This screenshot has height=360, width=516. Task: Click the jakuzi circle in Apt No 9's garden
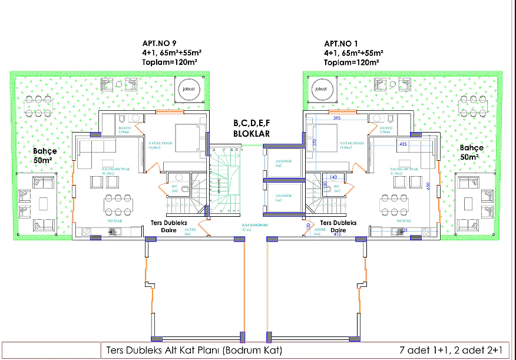pyautogui.click(x=187, y=87)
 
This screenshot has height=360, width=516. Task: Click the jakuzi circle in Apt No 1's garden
pyautogui.click(x=320, y=89)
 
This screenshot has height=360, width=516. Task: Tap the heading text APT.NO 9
pyautogui.click(x=160, y=44)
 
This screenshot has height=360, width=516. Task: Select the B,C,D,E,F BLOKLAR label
pyautogui.click(x=252, y=128)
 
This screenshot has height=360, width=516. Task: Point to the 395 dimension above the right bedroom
pyautogui.click(x=337, y=118)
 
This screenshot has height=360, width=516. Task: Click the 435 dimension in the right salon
pyautogui.click(x=403, y=143)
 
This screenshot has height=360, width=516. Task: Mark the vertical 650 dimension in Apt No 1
pyautogui.click(x=436, y=185)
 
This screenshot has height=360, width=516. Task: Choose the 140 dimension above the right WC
pyautogui.click(x=333, y=177)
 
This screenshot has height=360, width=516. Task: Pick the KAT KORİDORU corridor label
pyautogui.click(x=252, y=227)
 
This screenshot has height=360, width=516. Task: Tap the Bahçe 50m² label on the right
pyautogui.click(x=472, y=153)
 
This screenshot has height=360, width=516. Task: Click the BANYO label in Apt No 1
pyautogui.click(x=386, y=130)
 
